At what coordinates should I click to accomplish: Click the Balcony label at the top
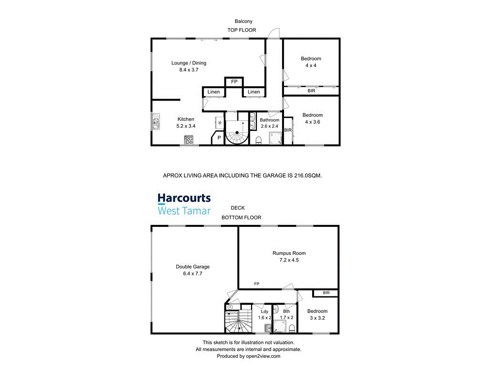(x=243, y=21)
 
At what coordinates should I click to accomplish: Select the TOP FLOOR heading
(x=241, y=30)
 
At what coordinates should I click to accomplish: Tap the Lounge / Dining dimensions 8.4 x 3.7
(x=189, y=70)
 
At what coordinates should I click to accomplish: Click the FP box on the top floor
(x=234, y=82)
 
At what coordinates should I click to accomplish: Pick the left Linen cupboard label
(x=213, y=92)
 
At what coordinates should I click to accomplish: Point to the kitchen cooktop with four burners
(x=189, y=140)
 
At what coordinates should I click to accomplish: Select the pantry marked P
(x=219, y=138)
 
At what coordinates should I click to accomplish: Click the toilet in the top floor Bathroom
(x=259, y=140)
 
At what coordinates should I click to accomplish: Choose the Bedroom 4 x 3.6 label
(x=313, y=118)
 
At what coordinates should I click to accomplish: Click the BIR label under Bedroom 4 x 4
(x=311, y=91)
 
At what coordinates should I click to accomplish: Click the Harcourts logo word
(x=184, y=198)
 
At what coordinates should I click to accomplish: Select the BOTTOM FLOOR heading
(x=241, y=218)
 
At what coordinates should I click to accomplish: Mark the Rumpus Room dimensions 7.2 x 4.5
(x=289, y=260)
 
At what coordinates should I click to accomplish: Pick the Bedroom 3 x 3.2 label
(x=317, y=315)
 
